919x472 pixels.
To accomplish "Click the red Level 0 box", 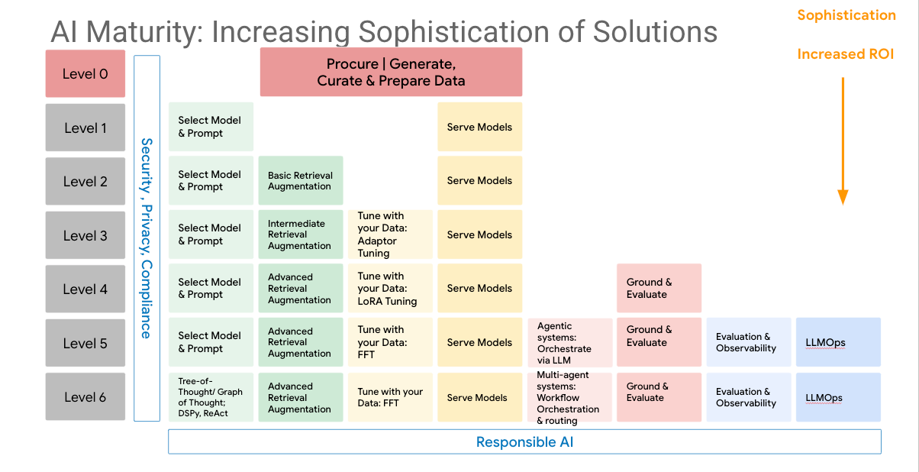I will coord(85,73).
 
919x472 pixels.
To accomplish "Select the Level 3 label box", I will coord(85,235).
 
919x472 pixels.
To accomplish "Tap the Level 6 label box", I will coord(85,396).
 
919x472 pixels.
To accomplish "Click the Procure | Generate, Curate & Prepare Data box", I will coord(391,72).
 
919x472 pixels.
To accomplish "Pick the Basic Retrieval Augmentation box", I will coord(300,180).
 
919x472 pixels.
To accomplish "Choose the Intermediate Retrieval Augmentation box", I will coord(300,234).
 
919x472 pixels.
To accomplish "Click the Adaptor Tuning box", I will coord(389,234).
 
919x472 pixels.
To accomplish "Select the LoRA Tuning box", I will coord(389,288).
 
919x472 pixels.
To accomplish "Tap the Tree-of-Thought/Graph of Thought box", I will coord(211,397).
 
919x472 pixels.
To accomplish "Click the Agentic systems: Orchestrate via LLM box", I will coord(569,343).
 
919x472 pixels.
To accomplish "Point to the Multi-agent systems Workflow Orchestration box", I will coord(569,397).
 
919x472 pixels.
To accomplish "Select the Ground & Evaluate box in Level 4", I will coord(658,288).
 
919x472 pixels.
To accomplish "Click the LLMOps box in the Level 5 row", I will coord(837,343).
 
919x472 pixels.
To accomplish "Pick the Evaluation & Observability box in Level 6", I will coord(748,397).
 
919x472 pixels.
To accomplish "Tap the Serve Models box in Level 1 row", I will coord(479,127).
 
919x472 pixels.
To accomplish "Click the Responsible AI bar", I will coord(524,441).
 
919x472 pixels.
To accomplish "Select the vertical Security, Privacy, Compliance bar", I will coord(147,238).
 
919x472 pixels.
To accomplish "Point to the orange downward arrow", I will coord(843,141).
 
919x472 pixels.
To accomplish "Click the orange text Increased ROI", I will coord(845,54).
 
